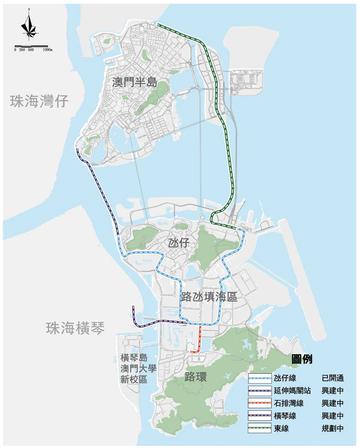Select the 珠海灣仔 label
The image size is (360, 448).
(x=37, y=101)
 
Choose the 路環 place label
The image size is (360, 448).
(x=196, y=376)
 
